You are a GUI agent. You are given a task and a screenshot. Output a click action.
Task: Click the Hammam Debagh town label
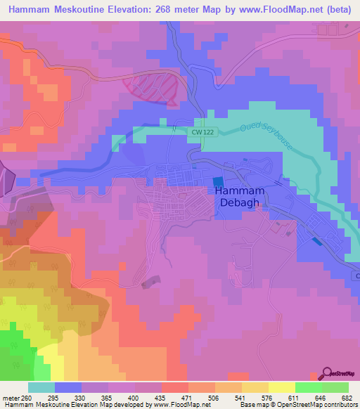pos(239,197)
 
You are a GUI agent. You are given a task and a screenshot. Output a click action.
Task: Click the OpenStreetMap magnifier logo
pos(326,373)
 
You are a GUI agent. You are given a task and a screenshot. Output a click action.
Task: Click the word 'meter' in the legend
pos(11,398)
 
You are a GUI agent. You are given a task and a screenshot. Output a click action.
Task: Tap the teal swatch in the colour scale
pos(41,387)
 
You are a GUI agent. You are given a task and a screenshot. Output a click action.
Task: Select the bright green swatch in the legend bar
pos(308,387)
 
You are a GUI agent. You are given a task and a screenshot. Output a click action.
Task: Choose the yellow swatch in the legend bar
pos(281,387)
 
